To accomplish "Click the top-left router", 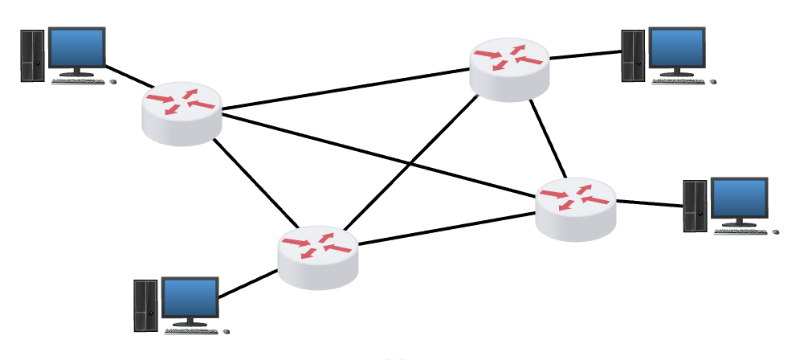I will pos(182,113).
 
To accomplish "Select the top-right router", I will pos(510,68).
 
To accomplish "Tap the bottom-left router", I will pos(317,256).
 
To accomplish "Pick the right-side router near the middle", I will pos(576,207).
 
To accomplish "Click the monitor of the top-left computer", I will pos(77,48).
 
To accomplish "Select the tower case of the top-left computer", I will pos(32,55).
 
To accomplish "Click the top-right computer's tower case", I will pos(633,55).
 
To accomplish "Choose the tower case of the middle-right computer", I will pos(695,206).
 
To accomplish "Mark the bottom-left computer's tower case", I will pos(145,305).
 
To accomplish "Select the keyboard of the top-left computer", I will pos(80,81).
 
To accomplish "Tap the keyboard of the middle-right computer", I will pos(741,231).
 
